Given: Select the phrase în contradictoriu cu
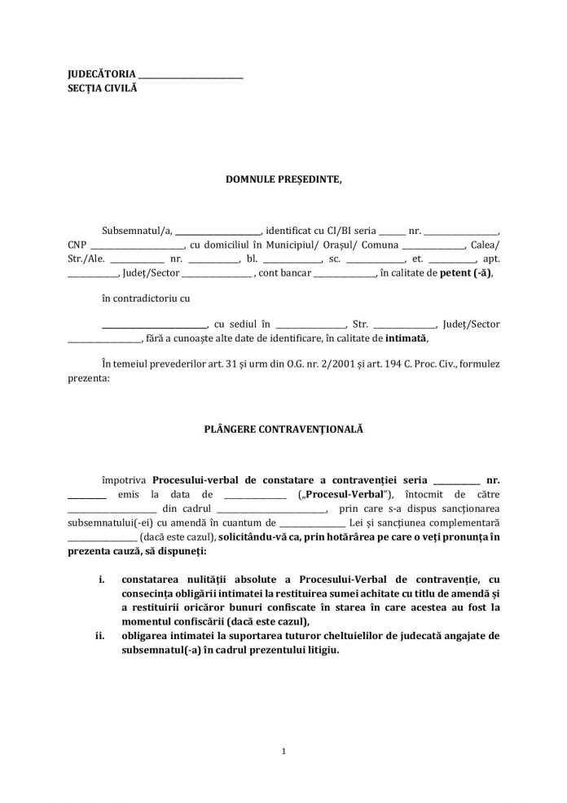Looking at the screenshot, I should (x=146, y=298).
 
